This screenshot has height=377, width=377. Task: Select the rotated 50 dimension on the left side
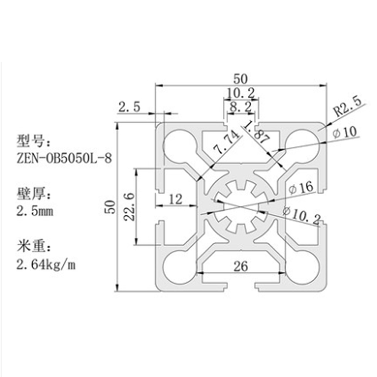(109, 206)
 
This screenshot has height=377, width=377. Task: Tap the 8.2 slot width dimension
(241, 107)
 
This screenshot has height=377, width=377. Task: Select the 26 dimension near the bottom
(241, 266)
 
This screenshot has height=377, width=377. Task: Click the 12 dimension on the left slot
(175, 199)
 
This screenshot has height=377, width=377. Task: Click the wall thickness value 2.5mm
(34, 211)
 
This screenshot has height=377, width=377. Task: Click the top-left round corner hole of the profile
(180, 143)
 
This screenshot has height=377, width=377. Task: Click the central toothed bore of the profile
(241, 206)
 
